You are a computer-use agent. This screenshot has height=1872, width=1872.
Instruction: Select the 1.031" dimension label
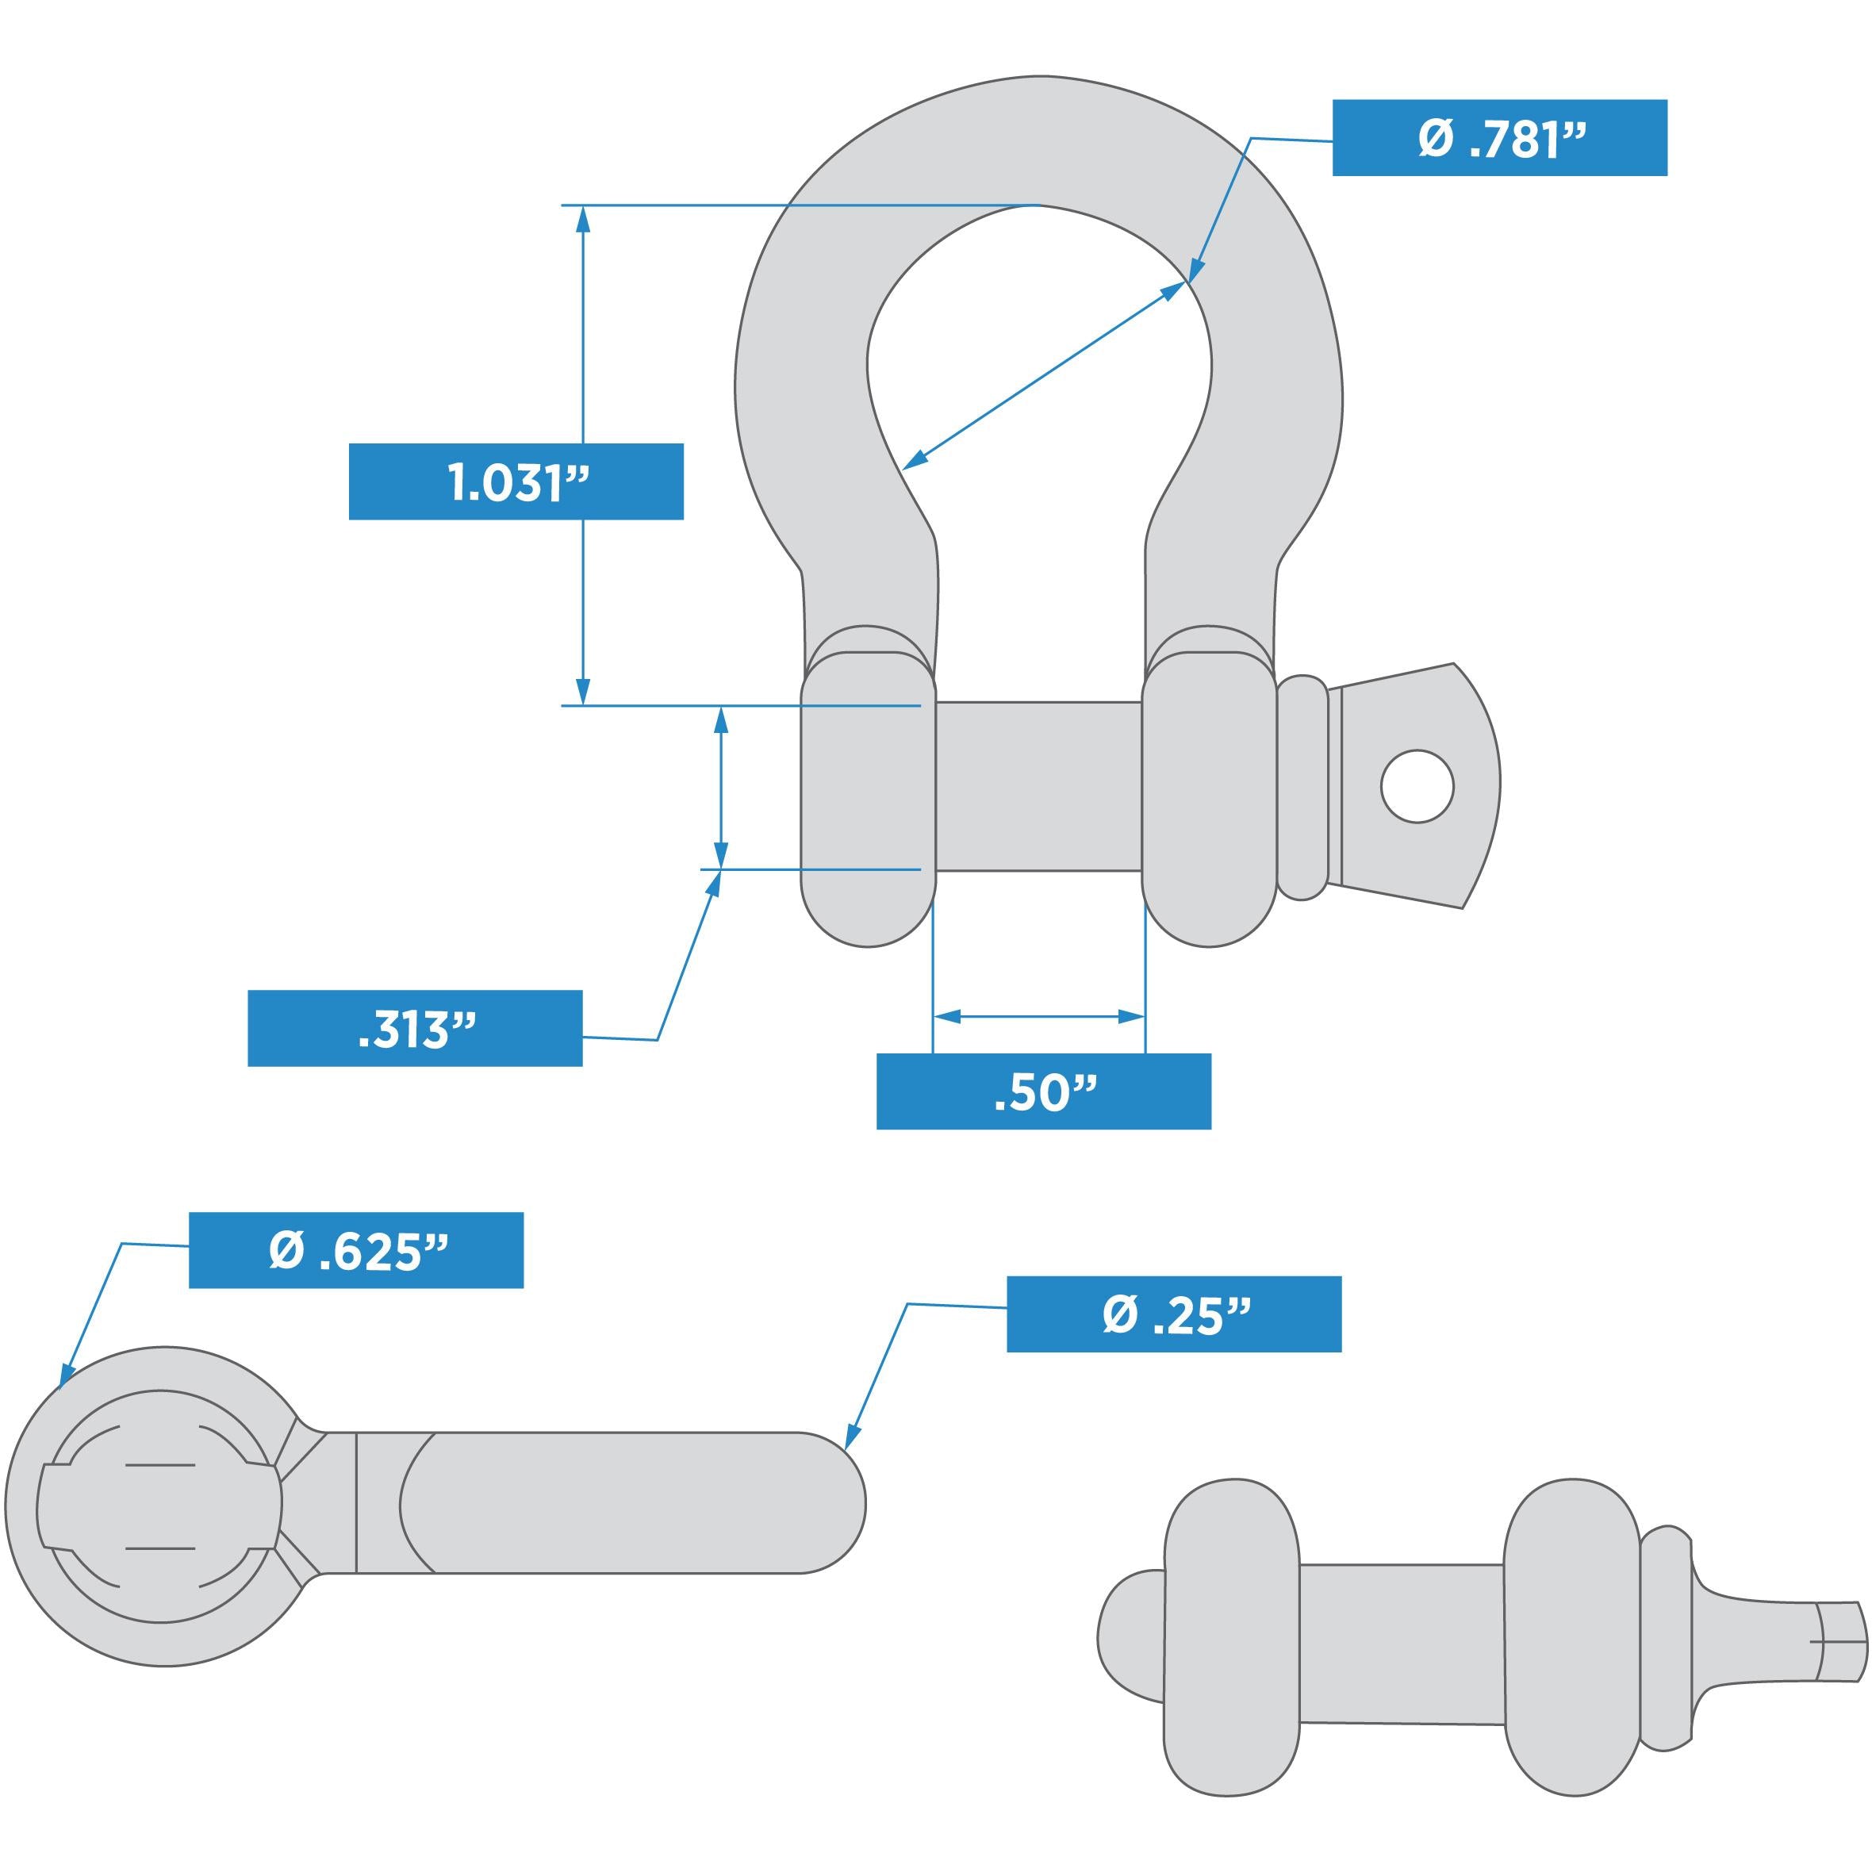(x=516, y=481)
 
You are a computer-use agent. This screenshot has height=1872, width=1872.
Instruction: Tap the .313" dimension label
(x=415, y=1028)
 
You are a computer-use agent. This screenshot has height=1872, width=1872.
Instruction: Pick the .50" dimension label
(x=1044, y=1091)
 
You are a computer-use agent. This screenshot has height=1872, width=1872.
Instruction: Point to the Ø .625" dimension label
(x=355, y=1250)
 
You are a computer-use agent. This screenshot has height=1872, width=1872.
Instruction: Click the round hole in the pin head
(x=1417, y=787)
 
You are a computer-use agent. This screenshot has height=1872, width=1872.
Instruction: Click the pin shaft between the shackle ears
(x=1038, y=787)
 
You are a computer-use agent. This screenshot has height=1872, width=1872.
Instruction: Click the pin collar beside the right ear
(x=1302, y=788)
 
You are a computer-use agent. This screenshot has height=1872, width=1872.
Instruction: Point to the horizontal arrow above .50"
(x=1038, y=1016)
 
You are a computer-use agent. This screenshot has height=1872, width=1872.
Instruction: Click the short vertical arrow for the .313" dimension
(x=720, y=788)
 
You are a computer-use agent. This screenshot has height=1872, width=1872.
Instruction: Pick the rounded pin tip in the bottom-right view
(x=1132, y=1636)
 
